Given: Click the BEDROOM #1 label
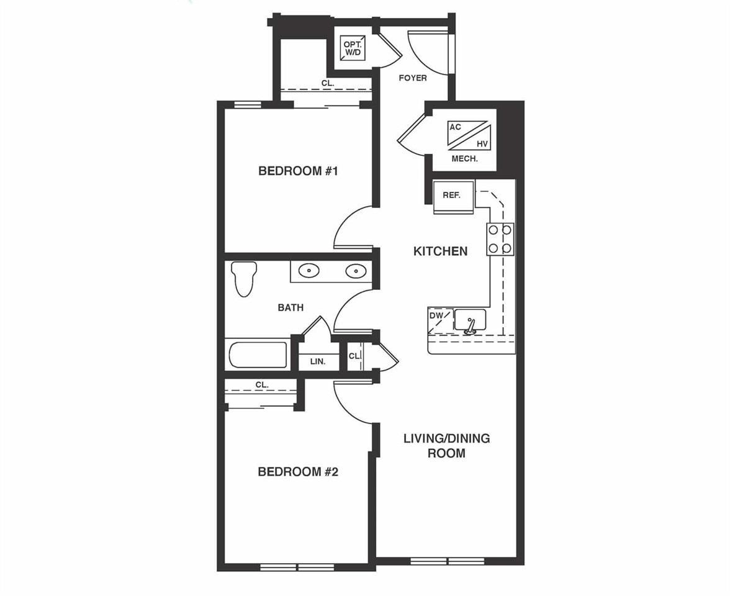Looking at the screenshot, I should pyautogui.click(x=297, y=171).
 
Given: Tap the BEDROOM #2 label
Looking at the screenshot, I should pyautogui.click(x=297, y=472).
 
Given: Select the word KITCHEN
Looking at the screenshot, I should pyautogui.click(x=440, y=251).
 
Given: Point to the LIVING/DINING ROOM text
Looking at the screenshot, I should pyautogui.click(x=446, y=446).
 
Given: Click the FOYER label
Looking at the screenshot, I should pyautogui.click(x=413, y=78).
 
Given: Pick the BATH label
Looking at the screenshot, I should pyautogui.click(x=291, y=307).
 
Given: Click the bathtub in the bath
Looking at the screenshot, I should pyautogui.click(x=258, y=354).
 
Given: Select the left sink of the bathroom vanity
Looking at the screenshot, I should pyautogui.click(x=309, y=271).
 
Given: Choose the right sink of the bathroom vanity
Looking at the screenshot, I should pyautogui.click(x=355, y=271).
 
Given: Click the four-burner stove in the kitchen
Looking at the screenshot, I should pyautogui.click(x=500, y=239).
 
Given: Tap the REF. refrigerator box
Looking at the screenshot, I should pyautogui.click(x=453, y=196).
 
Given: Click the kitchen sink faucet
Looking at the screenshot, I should pyautogui.click(x=471, y=325).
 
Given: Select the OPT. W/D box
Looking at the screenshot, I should pyautogui.click(x=352, y=48).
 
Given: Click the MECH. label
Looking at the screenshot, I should pyautogui.click(x=464, y=159).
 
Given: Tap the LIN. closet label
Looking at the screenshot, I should pyautogui.click(x=318, y=361).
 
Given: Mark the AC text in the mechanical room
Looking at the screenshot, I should pyautogui.click(x=455, y=127).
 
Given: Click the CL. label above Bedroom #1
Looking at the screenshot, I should pyautogui.click(x=328, y=83).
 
